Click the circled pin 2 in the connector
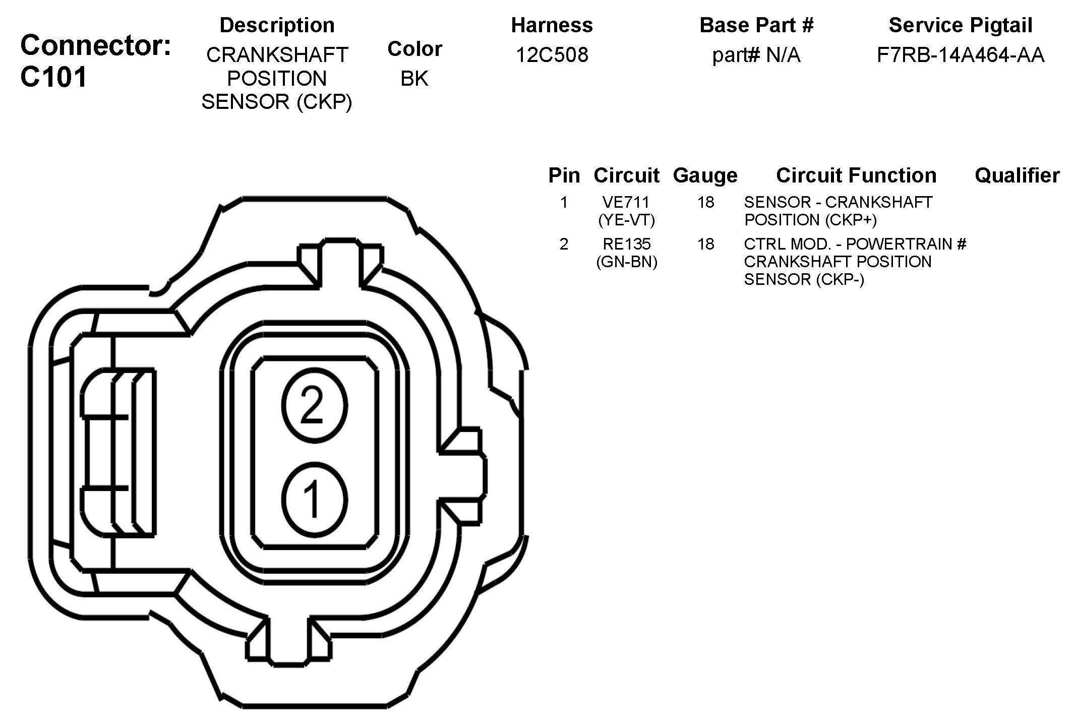314,406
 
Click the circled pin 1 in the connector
314,499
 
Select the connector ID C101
54,78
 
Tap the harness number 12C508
552,55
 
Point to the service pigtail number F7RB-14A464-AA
961,55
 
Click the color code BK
414,79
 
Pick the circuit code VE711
626,202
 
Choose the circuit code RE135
626,244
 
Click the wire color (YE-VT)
626,220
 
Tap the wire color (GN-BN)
626,262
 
